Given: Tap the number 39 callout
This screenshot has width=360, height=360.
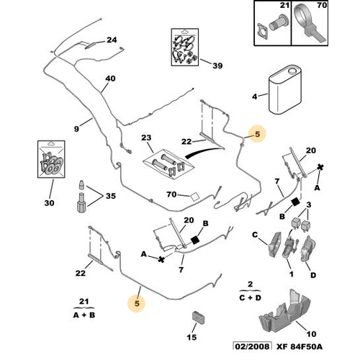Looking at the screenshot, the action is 217,66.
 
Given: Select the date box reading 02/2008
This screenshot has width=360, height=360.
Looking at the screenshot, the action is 252,346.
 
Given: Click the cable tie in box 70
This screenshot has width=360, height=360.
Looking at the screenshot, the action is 309,23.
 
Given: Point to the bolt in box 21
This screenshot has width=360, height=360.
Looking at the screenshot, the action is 279,24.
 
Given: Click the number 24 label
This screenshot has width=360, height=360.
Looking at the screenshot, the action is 112,40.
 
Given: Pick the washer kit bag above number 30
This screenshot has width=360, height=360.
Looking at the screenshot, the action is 51,159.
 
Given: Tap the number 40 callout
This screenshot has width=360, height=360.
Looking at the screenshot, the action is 110,78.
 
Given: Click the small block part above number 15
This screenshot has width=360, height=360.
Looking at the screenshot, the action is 199,318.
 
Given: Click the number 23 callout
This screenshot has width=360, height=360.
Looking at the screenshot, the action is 146,138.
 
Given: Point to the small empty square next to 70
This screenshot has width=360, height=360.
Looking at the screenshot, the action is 194,197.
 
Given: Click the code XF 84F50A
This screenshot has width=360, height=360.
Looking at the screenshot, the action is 300,346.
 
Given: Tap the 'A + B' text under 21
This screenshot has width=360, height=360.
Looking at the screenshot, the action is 84,315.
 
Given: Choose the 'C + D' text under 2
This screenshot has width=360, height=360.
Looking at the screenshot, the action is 250,297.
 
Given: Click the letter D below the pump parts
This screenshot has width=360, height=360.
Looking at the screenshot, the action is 313,275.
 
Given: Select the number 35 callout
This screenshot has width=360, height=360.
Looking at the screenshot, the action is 111,196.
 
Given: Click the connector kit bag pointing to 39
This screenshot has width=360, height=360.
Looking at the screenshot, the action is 185,48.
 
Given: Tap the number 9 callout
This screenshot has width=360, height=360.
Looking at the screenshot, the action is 76,129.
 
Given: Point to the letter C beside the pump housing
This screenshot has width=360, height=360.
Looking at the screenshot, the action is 255,235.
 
